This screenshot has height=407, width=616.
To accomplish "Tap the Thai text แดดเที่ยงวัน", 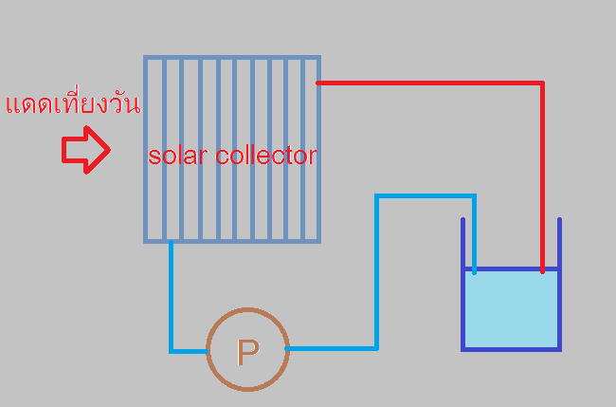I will click(72, 103).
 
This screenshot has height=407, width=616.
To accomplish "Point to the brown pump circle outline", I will click(208, 349).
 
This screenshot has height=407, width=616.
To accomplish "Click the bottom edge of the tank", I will click(511, 348).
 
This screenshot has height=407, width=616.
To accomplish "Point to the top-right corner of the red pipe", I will click(542, 83).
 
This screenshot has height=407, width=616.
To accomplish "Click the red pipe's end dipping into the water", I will click(542, 269).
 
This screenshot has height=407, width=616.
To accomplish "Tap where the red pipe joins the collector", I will click(319, 83).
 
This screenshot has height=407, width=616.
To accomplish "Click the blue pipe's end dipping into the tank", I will click(474, 266).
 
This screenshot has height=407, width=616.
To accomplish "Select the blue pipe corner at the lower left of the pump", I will click(172, 350).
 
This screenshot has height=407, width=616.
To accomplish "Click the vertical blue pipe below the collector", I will click(172, 294).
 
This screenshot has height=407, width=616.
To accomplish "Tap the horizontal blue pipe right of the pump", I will click(332, 348).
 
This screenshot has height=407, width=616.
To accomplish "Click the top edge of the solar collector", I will click(232, 58).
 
